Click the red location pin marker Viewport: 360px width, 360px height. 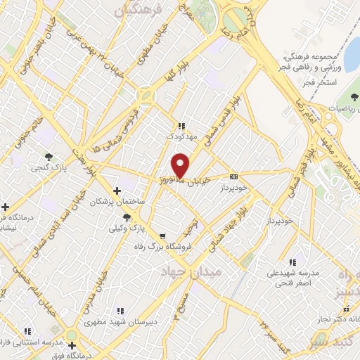coord(181,164)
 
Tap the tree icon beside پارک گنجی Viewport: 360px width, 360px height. coord(48,157)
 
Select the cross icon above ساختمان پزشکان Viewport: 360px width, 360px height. coord(117,191)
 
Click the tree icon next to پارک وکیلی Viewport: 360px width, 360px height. coord(127,218)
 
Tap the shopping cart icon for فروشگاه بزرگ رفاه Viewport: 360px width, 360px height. coord(163,236)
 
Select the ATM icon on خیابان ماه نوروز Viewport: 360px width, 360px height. coord(234,176)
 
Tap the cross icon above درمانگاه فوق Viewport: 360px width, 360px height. coord(72,345)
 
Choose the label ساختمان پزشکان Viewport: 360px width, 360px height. coord(117,202)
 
